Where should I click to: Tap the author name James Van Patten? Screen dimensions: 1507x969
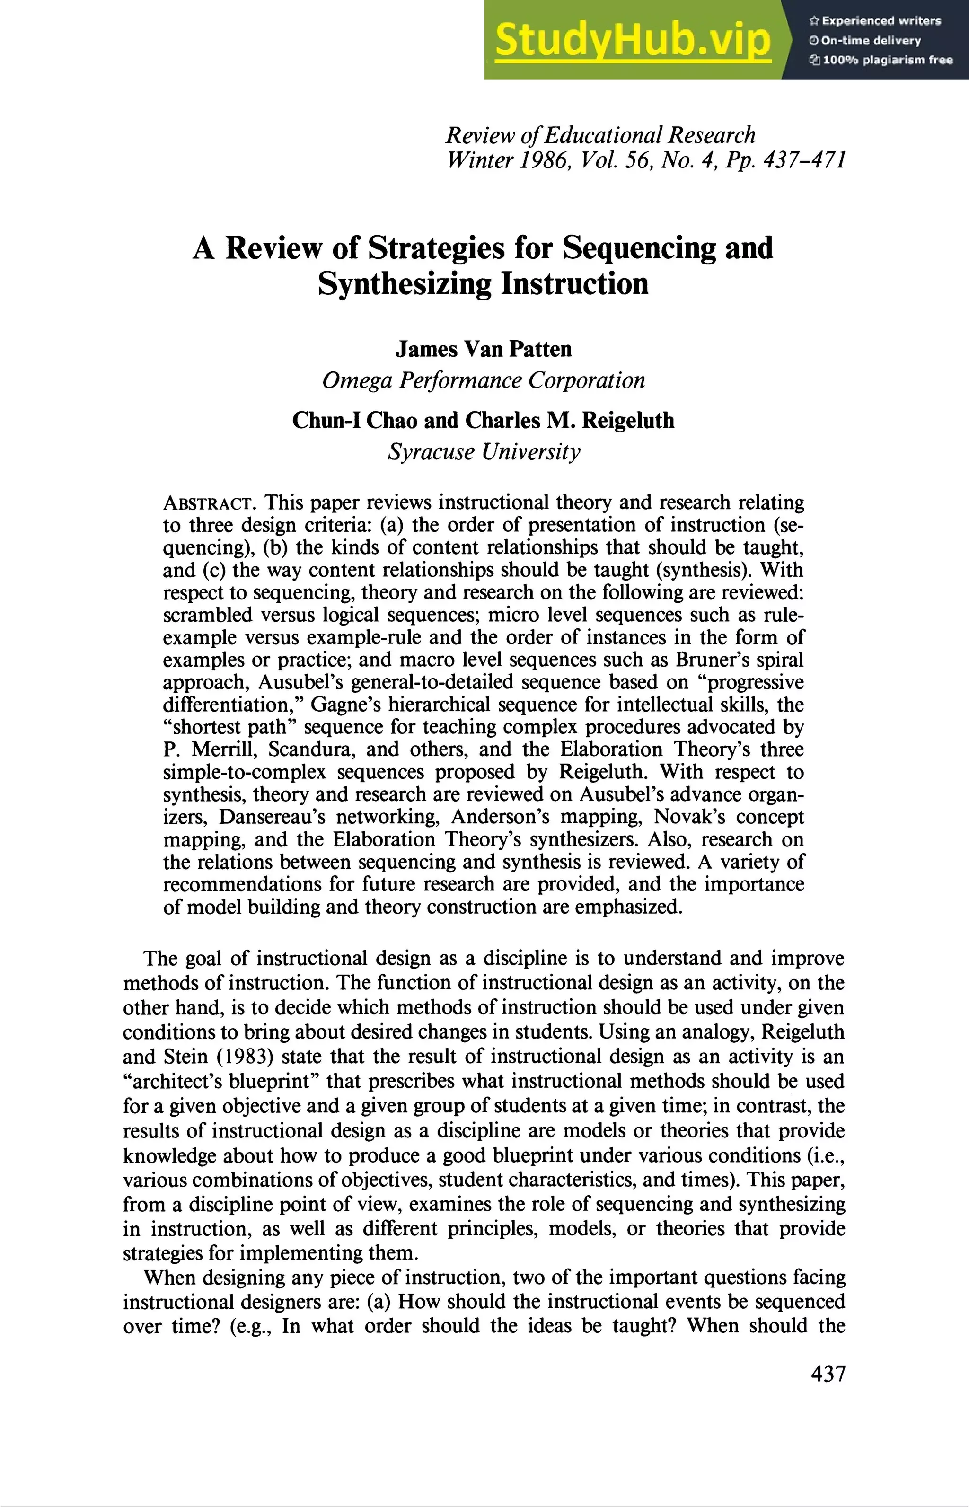tap(483, 349)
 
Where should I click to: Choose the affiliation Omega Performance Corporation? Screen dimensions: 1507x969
tap(483, 380)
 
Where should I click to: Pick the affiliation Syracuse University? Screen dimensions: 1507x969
tap(483, 451)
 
